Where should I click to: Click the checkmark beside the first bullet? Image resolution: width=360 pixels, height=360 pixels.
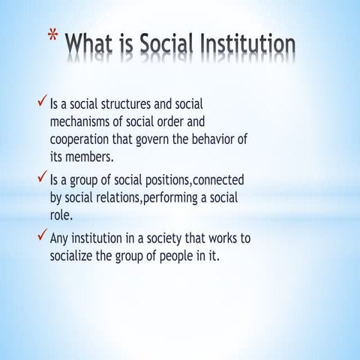coord(42,100)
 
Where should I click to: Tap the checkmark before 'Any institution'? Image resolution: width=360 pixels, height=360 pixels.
coord(42,238)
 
